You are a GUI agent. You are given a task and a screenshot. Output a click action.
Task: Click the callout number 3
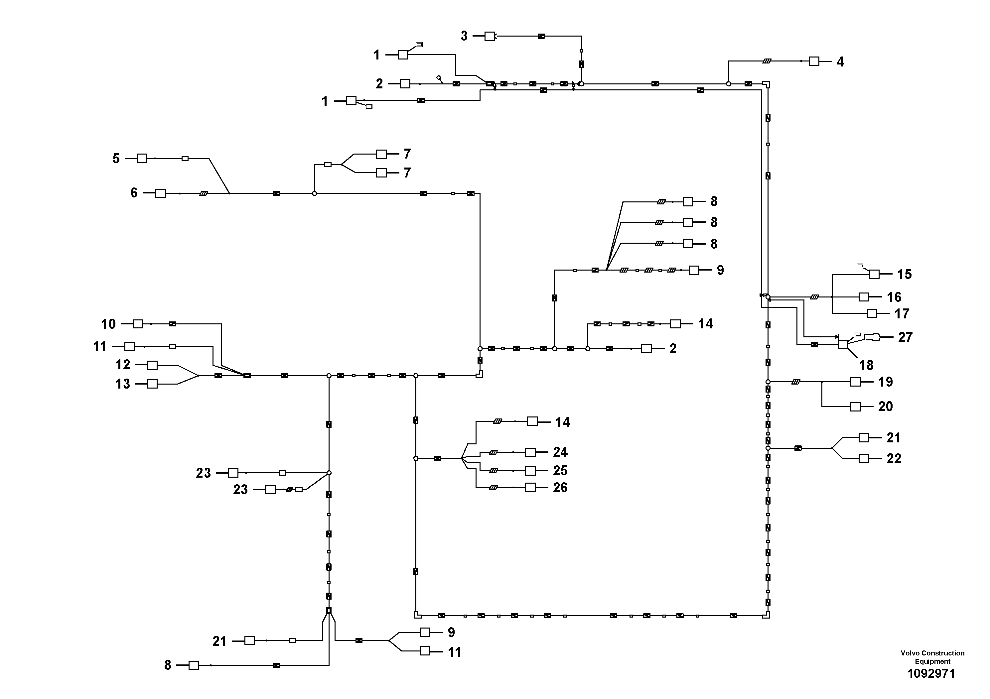(x=464, y=36)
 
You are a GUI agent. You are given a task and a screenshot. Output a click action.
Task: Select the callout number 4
(x=840, y=61)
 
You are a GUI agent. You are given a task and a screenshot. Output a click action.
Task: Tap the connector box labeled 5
(x=142, y=158)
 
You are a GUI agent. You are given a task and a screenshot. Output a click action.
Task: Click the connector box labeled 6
(x=160, y=193)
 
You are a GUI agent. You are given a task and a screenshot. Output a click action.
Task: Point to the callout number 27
(x=905, y=337)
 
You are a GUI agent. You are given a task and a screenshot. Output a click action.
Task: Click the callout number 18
(x=866, y=365)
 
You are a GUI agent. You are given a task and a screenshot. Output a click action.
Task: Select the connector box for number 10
(x=138, y=324)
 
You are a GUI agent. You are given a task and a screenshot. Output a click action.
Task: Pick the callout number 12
(x=122, y=365)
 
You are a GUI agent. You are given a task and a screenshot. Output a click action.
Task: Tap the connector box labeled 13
(x=152, y=384)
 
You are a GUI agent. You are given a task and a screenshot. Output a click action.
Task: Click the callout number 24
(x=560, y=452)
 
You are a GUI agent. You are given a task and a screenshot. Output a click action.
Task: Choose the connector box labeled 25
(x=530, y=471)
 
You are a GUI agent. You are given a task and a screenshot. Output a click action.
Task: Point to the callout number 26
(x=560, y=487)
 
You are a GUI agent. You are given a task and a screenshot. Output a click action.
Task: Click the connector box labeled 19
(x=855, y=382)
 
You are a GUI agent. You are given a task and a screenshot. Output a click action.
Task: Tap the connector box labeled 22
(x=864, y=459)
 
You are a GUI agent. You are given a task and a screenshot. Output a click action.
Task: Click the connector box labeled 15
(x=874, y=274)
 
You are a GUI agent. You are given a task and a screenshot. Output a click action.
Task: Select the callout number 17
(x=902, y=314)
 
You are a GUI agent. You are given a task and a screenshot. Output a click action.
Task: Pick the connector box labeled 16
(x=864, y=297)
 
